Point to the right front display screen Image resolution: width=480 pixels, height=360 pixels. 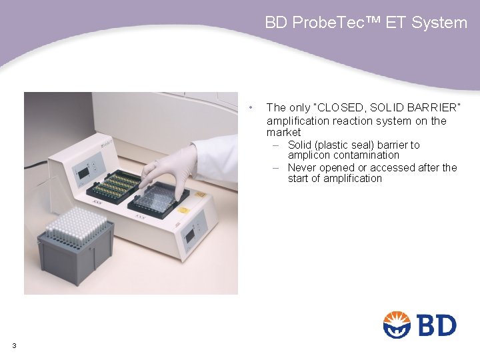189,235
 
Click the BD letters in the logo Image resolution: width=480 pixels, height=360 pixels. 437,325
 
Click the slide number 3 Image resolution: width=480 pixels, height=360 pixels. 14,345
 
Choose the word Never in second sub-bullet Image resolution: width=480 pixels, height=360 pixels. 302,167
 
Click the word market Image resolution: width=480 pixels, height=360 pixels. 283,133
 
